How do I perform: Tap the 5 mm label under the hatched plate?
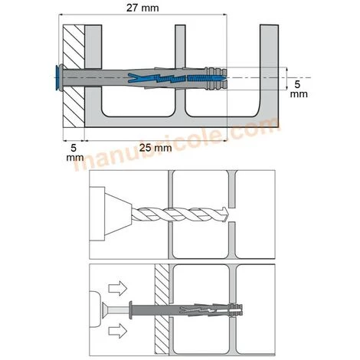pyautogui.click(x=74, y=150)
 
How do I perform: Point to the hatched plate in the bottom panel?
pyautogui.click(x=161, y=310)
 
